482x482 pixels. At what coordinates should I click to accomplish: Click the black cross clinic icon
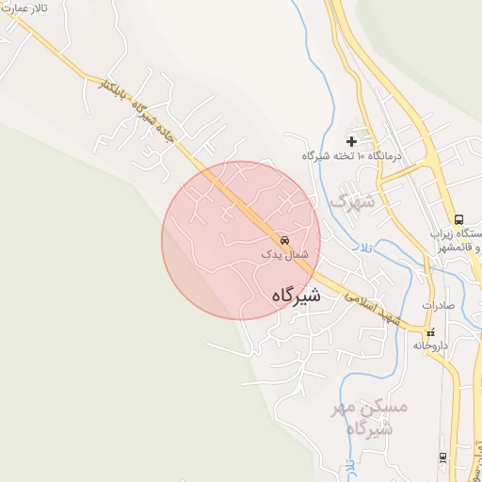(x=351, y=141)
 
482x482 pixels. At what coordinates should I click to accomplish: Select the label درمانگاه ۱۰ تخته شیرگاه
(x=352, y=155)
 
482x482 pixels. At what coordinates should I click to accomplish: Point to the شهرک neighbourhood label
(x=353, y=201)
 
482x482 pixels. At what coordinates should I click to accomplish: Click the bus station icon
(x=458, y=218)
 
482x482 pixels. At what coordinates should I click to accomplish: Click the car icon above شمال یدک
(x=285, y=239)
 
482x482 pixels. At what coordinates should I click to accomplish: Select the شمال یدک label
(x=284, y=254)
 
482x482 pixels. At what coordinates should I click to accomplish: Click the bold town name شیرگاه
(x=296, y=296)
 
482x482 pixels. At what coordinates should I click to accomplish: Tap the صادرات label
(x=438, y=305)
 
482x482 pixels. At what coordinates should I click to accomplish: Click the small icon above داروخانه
(x=431, y=332)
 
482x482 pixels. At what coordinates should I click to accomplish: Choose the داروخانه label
(x=432, y=345)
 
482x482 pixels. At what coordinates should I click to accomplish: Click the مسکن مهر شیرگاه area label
(x=370, y=418)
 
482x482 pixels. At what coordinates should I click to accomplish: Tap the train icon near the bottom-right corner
(x=442, y=458)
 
